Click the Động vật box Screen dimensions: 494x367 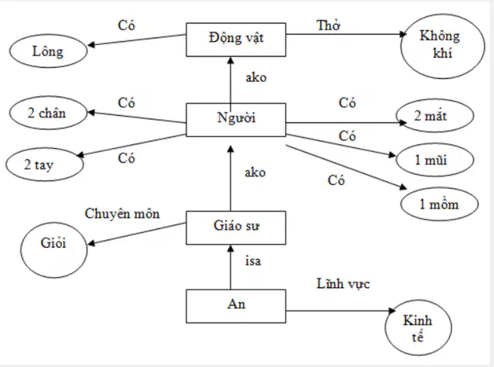pos(236,39)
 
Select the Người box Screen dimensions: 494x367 pos(236,120)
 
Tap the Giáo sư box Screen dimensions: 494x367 pos(236,228)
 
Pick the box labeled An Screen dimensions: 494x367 pos(236,306)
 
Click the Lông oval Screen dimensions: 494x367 pos(48,51)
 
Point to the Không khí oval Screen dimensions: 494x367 pos(443,46)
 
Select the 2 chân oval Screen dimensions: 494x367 pos(48,113)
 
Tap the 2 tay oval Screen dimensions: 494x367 pos(45,164)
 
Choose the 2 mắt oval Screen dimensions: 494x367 pos(435,115)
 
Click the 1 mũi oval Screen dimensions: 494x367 pos(435,160)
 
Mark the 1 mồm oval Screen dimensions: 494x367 pos(440,204)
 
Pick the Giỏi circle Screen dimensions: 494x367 pos(54,250)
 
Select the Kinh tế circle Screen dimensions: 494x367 pos(418,328)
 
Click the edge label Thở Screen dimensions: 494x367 pos(328,26)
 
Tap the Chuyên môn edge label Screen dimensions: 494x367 pos(122,214)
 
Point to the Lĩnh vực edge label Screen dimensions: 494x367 pos(343,284)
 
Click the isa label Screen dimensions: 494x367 pos(253,261)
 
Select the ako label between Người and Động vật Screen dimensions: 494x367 pos(256,77)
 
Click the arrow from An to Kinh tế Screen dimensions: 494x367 pos(341,311)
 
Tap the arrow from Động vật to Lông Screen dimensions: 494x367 pos(136,40)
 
